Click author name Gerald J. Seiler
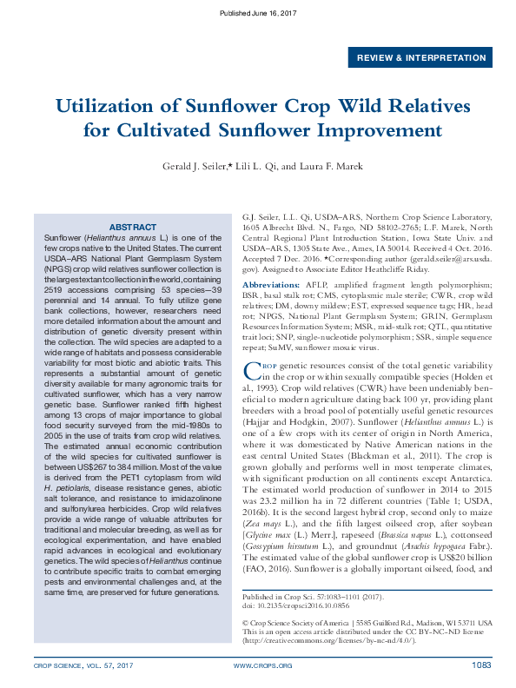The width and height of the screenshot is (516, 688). [194, 167]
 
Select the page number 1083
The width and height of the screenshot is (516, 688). [481, 665]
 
